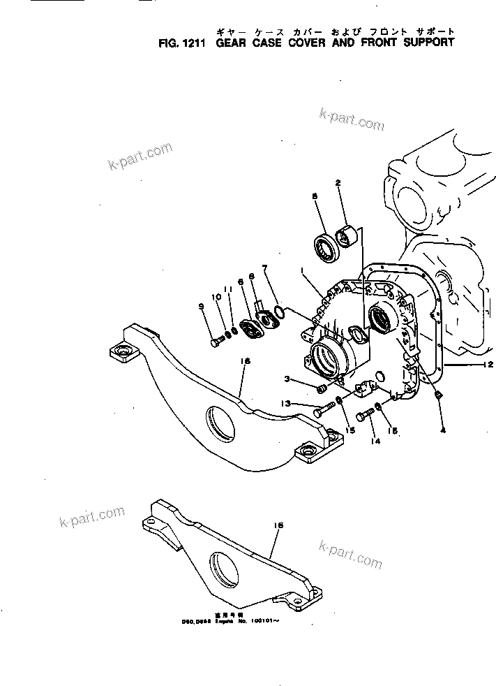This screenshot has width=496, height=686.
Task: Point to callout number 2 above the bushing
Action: click(338, 183)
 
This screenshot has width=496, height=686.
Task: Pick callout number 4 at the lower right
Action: click(442, 431)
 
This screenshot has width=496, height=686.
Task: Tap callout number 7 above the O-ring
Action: click(265, 268)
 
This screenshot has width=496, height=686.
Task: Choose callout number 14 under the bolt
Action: click(377, 441)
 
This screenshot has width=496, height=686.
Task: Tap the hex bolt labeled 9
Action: click(217, 341)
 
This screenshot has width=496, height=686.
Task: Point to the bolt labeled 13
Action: click(321, 411)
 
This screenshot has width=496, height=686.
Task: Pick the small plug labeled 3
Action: click(322, 387)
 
